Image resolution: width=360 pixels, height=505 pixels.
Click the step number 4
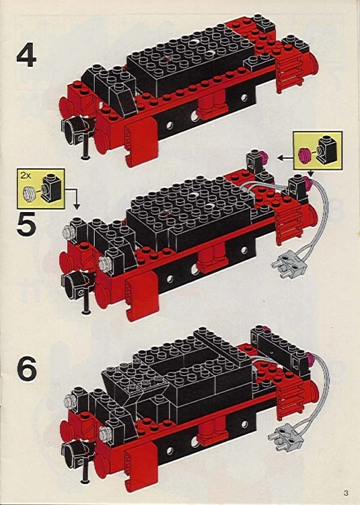[x=27, y=56]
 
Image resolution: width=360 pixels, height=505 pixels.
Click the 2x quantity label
[x=25, y=175]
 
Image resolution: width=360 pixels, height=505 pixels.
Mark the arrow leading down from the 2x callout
[x=75, y=199]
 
